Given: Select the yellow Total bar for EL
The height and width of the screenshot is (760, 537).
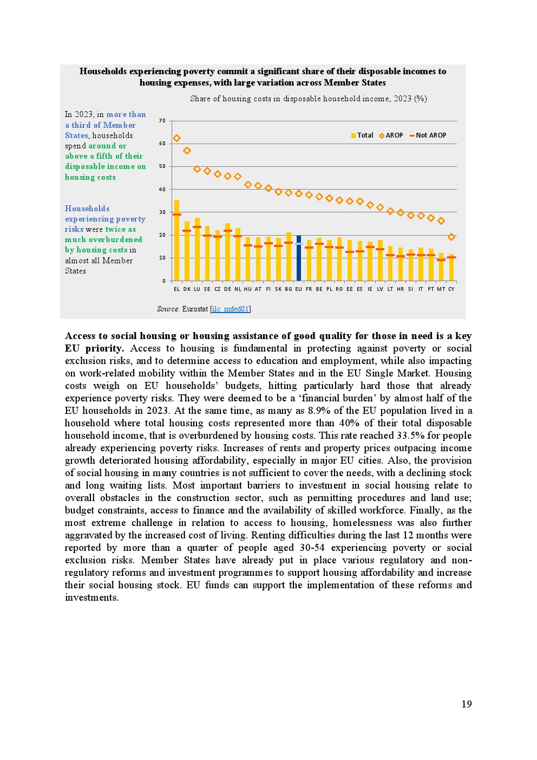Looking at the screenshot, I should pos(176,241).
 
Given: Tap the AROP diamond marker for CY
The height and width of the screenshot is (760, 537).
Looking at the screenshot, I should pos(451,237).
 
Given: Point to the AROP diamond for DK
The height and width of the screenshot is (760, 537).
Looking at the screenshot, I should pos(187,151).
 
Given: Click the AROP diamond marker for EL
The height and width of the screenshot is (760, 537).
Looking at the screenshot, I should pos(176,138).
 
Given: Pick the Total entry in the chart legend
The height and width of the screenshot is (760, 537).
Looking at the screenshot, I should pos(362,135).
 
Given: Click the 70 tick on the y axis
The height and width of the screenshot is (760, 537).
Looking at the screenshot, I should pos(162,121).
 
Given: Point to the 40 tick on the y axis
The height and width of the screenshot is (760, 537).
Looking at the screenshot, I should pos(162,190).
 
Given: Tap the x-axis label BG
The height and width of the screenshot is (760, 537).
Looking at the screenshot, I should pos(289,289).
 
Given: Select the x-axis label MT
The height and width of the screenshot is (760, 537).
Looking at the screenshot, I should pos(441,289).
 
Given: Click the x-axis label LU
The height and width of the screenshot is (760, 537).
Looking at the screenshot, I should pos(197,289).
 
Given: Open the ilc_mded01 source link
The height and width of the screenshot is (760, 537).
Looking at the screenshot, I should pos(231,309).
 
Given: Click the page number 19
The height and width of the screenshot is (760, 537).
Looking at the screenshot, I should pos(467,704).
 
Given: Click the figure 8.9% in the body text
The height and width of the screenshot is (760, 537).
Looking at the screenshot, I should pos(319,411).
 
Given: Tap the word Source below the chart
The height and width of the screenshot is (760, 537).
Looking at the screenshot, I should pos(168,309).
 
